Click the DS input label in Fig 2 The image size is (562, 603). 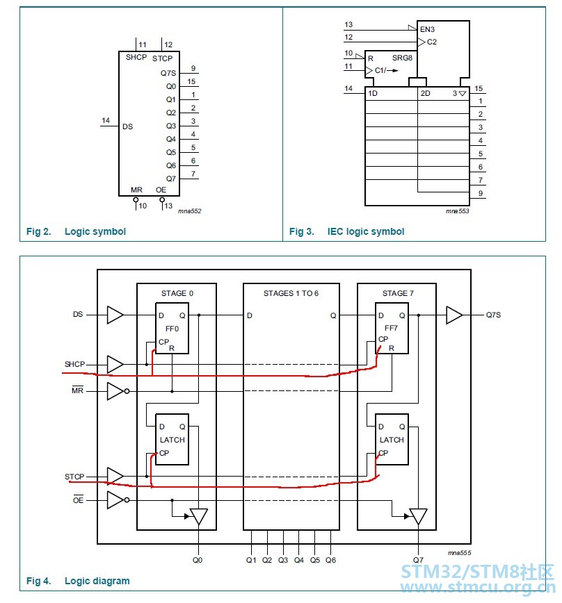tap(127, 126)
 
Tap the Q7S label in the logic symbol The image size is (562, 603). tap(168, 73)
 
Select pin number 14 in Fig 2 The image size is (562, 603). tap(106, 120)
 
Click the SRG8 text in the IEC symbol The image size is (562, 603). tap(402, 58)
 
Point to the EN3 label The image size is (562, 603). tap(427, 29)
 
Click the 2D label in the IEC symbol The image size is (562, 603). tap(426, 93)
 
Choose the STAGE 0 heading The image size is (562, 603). tap(177, 293)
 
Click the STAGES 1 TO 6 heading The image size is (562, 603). tap(291, 293)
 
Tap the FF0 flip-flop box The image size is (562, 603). tap(172, 329)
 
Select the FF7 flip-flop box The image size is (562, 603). tap(392, 329)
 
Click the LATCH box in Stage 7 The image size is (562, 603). tap(392, 440)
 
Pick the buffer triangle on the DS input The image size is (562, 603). tap(115, 315)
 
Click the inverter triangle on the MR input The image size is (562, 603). tap(115, 391)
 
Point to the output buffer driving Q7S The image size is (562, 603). tap(454, 315)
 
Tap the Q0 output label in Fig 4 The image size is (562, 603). tap(198, 561)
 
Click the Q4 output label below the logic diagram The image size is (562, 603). tap(299, 561)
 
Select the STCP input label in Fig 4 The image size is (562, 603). tap(74, 477)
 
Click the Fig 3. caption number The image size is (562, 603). tap(302, 231)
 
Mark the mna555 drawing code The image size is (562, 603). tap(460, 552)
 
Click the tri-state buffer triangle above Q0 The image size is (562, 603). tap(199, 516)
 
